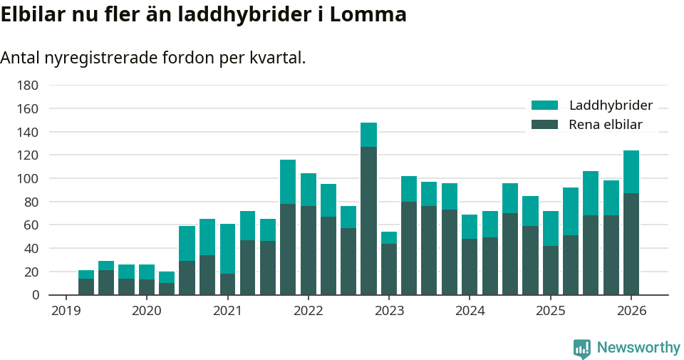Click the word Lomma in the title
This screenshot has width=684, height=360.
click(370, 14)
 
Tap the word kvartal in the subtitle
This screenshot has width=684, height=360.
click(277, 58)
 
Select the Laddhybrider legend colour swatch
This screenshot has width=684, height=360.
click(545, 106)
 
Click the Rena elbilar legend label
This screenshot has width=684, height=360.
click(606, 125)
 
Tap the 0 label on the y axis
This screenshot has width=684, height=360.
click(34, 294)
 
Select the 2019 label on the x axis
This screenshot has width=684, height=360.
click(66, 311)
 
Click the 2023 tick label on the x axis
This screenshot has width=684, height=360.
click(389, 311)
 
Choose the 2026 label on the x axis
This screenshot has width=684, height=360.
click(631, 311)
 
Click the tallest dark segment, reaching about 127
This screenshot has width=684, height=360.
click(368, 221)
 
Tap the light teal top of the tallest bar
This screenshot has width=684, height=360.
click(368, 135)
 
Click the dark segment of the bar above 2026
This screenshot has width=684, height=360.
click(631, 244)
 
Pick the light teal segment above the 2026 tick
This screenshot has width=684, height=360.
click(631, 172)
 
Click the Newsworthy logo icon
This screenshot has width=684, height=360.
click(581, 348)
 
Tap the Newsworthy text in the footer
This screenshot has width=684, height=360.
click(638, 348)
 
